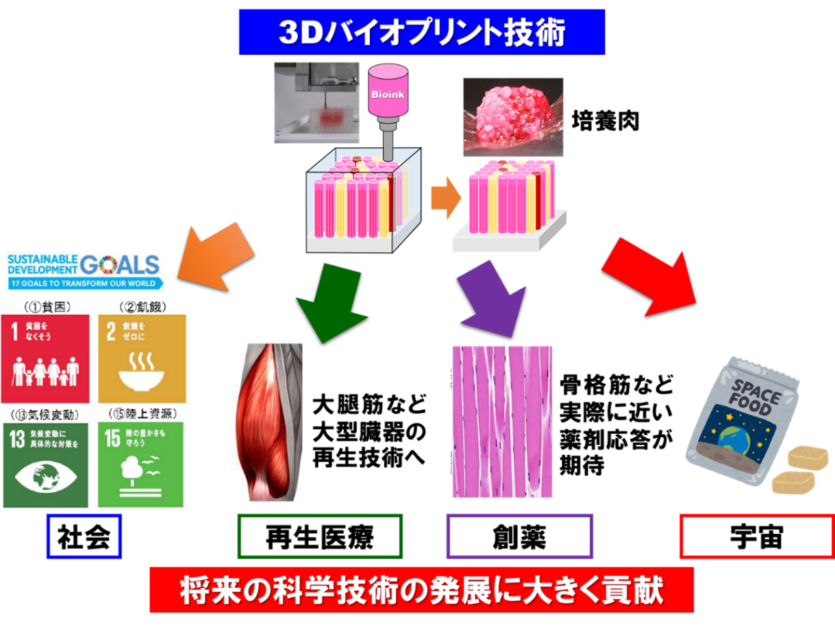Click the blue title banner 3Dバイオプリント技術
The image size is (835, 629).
coord(421,31)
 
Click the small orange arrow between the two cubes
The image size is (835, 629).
coord(443,198)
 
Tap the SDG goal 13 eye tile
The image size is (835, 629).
coord(45,463)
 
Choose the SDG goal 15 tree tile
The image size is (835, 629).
coord(141,463)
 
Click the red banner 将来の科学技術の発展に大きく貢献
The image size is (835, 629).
coord(421,591)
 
